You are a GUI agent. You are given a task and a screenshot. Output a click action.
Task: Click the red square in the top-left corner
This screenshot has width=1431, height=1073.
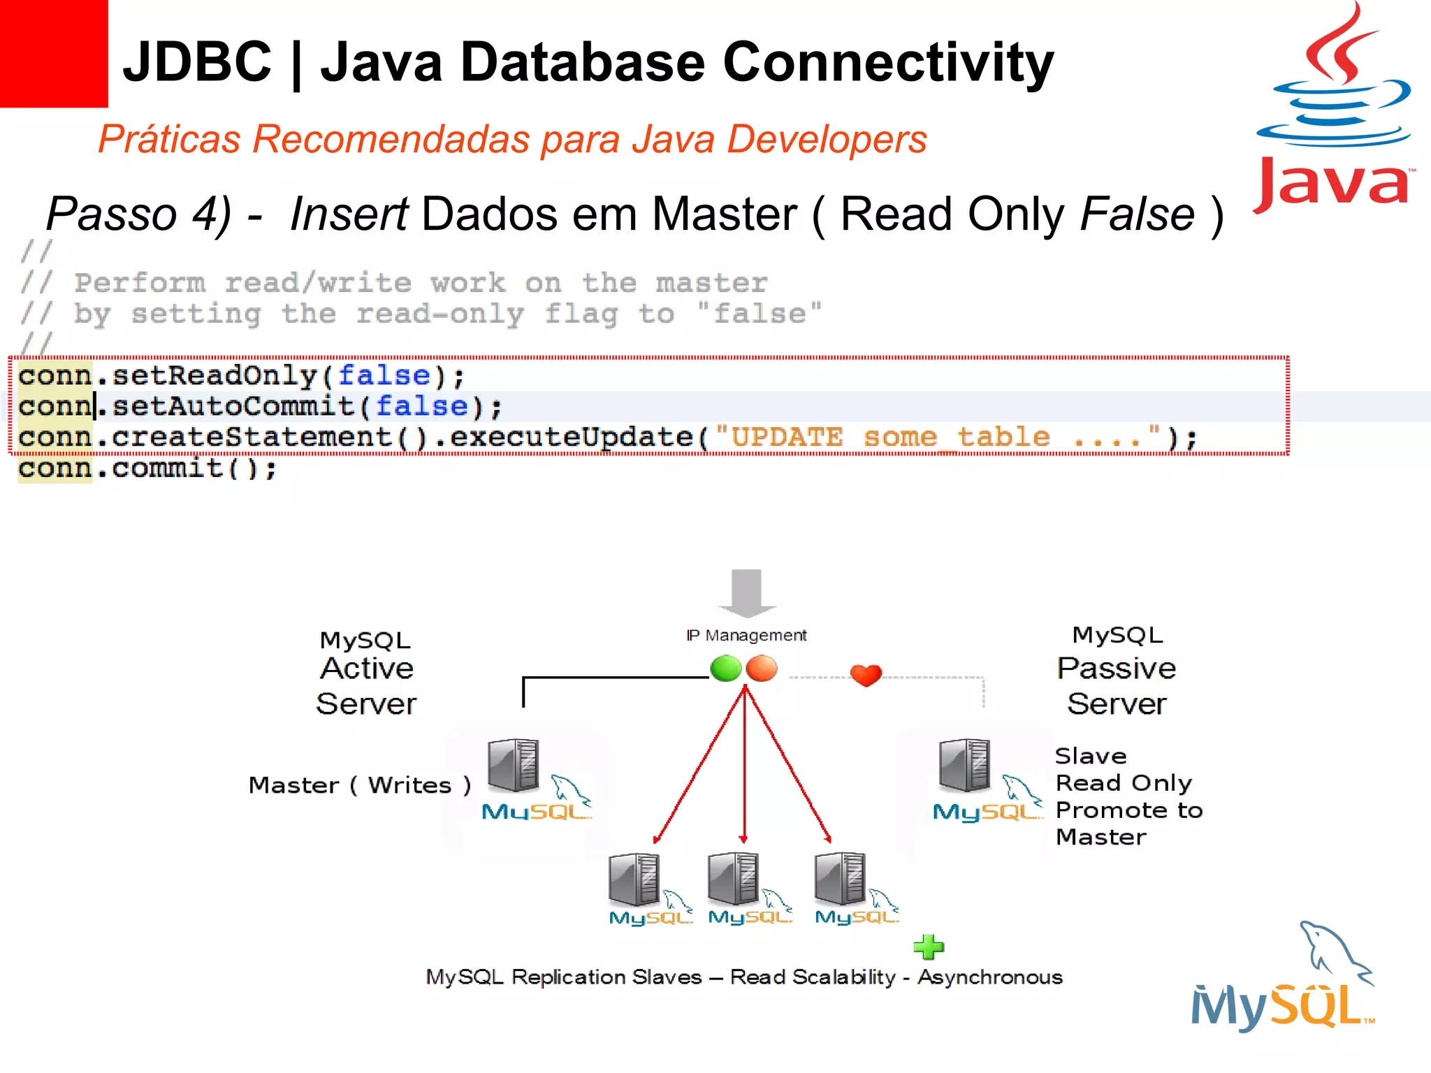tap(53, 53)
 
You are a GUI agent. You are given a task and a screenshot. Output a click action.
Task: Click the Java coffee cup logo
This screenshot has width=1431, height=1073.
tap(1335, 105)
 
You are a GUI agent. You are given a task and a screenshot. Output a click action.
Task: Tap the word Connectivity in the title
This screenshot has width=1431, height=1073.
tap(887, 62)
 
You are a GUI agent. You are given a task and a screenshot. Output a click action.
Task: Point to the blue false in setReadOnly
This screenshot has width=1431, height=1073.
tap(384, 376)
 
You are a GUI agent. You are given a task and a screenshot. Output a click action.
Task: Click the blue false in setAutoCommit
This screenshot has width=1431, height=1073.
tap(421, 407)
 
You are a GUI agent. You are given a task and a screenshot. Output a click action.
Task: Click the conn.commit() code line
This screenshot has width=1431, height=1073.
tap(147, 468)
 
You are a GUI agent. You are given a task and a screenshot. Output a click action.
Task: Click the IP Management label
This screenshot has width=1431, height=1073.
tap(746, 635)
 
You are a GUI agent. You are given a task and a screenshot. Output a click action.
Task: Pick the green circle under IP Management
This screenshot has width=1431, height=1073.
tap(725, 669)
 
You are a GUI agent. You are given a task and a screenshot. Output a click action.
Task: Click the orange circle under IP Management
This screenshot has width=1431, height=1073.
tap(762, 669)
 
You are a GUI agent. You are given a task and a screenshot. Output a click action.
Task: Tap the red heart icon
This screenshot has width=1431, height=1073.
tap(866, 675)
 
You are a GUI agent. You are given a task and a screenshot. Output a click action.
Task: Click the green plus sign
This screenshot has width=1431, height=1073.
tap(929, 947)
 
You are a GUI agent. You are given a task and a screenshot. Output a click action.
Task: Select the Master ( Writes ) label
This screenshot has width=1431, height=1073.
tap(360, 785)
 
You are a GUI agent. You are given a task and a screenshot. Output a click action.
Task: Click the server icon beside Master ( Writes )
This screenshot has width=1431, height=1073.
tap(514, 765)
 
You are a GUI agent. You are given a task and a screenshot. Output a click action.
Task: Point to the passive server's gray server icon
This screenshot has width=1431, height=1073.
tap(965, 765)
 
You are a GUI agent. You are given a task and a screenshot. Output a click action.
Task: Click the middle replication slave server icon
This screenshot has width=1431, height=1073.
tap(733, 878)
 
